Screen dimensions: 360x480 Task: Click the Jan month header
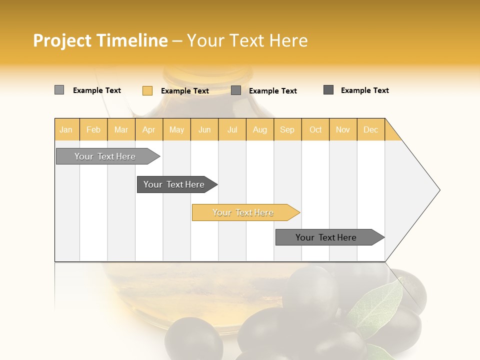pos(66,129)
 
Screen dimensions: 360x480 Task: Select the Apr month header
pos(148,129)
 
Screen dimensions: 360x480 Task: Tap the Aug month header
pos(259,129)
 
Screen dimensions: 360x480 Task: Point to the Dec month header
pos(370,129)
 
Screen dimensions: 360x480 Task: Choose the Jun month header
pos(204,129)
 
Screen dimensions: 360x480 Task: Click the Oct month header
pos(315,129)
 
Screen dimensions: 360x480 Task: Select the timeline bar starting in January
pos(105,156)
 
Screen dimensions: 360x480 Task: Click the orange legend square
pos(147,90)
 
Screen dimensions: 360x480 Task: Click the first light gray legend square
pos(59,90)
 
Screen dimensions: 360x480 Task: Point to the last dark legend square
pos(328,90)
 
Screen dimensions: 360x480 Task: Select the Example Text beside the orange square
pos(185,91)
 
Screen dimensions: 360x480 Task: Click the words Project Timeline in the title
pos(100,40)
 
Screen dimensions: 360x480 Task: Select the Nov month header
pos(342,129)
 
